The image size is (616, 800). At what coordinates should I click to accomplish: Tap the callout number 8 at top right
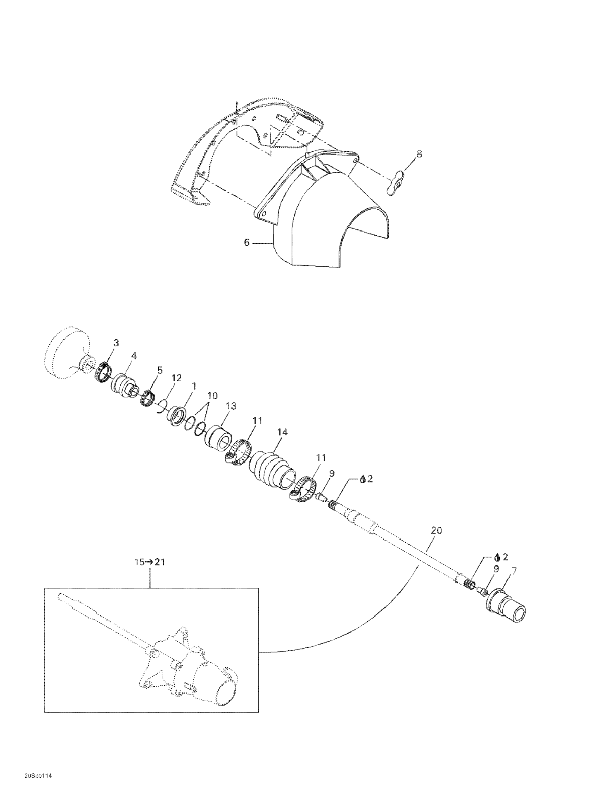(419, 154)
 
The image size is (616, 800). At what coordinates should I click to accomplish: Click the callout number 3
(116, 343)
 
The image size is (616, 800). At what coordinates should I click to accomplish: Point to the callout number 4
(134, 356)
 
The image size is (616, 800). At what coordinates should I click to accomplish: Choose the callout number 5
(160, 370)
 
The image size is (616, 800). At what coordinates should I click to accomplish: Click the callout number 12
(177, 378)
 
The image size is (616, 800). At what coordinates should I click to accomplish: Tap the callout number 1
(194, 386)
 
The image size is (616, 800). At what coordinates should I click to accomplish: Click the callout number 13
(231, 406)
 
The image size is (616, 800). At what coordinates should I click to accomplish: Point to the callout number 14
(282, 432)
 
